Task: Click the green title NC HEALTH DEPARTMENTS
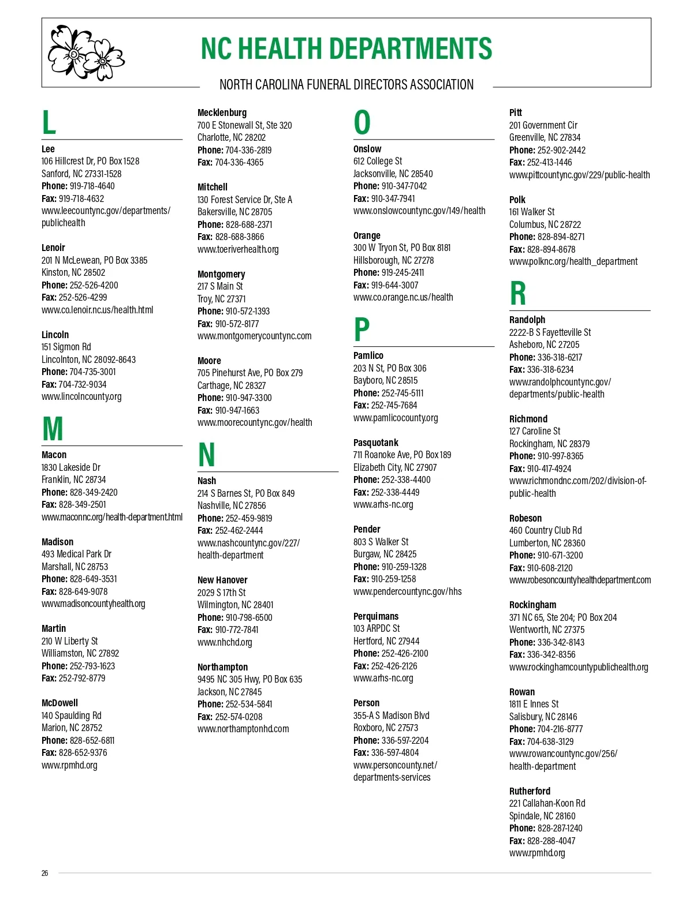pyautogui.click(x=346, y=49)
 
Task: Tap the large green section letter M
pyautogui.click(x=53, y=429)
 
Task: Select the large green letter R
pyautogui.click(x=518, y=293)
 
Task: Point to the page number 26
pyautogui.click(x=45, y=873)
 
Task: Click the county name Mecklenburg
pyautogui.click(x=222, y=113)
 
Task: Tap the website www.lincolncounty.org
pyautogui.click(x=81, y=396)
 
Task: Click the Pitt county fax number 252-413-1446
pyautogui.click(x=549, y=162)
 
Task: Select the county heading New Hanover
pyautogui.click(x=222, y=580)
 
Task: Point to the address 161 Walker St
pyautogui.click(x=532, y=212)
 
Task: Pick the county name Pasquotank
pyautogui.click(x=376, y=443)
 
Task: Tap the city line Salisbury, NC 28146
pyautogui.click(x=543, y=717)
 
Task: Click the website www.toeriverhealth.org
pyautogui.click(x=238, y=249)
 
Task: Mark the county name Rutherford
pyautogui.click(x=530, y=791)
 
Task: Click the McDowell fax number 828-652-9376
pyautogui.click(x=83, y=752)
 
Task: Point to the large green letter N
pyautogui.click(x=206, y=455)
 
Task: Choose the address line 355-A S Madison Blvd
pyautogui.click(x=392, y=716)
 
